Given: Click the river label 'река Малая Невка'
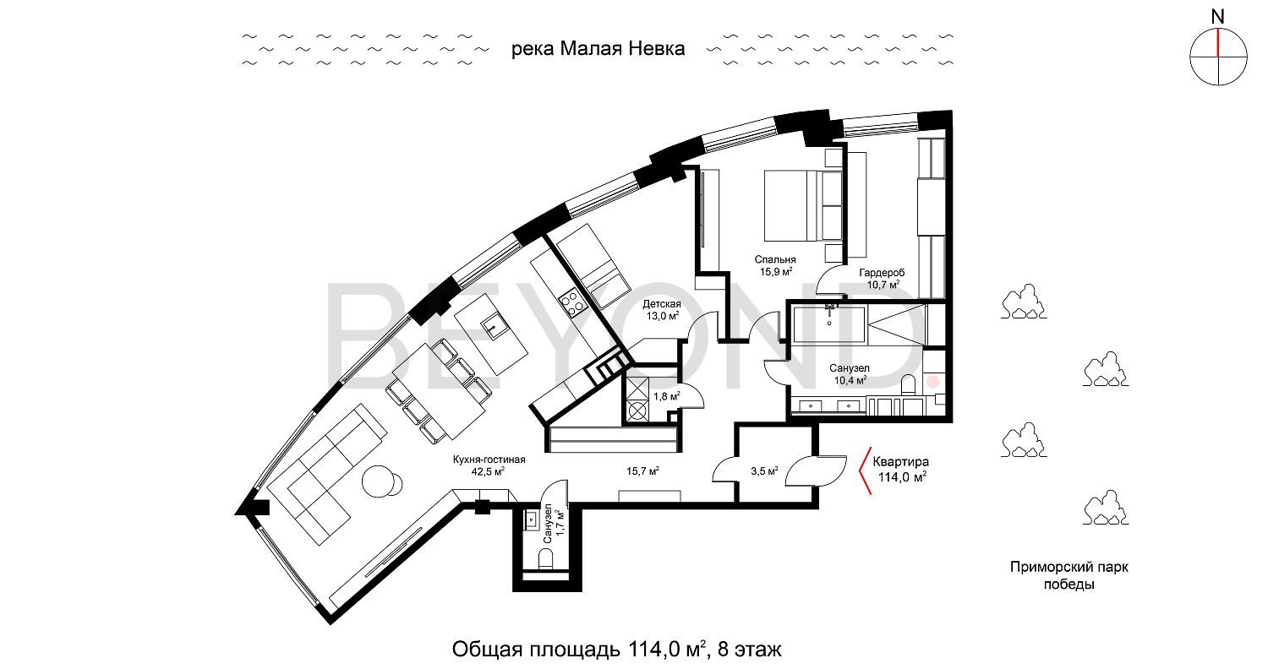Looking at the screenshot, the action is pyautogui.click(x=598, y=49).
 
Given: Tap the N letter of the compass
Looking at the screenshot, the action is pyautogui.click(x=1217, y=17).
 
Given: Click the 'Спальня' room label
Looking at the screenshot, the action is pyautogui.click(x=775, y=259).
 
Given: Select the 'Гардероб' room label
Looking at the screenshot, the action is pyautogui.click(x=882, y=273).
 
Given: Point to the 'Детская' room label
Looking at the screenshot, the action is pyautogui.click(x=662, y=304).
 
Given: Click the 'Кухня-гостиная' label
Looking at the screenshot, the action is pyautogui.click(x=489, y=460).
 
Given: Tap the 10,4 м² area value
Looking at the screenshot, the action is pyautogui.click(x=850, y=381).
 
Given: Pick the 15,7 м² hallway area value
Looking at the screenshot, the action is pyautogui.click(x=642, y=471).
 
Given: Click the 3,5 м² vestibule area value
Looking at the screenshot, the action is pyautogui.click(x=764, y=471).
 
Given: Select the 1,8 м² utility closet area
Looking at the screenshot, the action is pyautogui.click(x=667, y=396).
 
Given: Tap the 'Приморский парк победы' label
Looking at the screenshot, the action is pyautogui.click(x=1069, y=575).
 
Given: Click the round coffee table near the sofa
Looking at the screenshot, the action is pyautogui.click(x=382, y=481).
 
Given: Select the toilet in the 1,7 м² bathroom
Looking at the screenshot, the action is pyautogui.click(x=546, y=560).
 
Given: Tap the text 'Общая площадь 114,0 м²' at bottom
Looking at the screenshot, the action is pyautogui.click(x=578, y=650).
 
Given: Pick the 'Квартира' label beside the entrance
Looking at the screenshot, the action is pyautogui.click(x=900, y=462).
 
